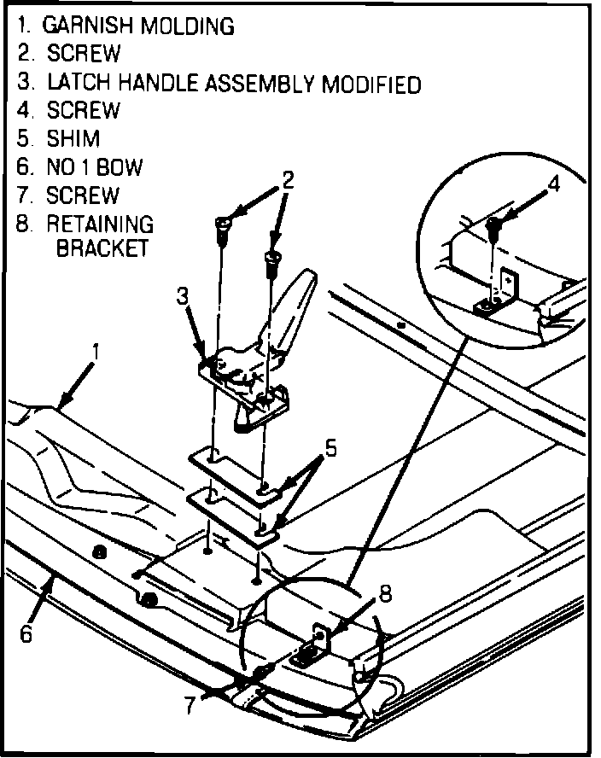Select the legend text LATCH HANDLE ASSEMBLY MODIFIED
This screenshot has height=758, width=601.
coord(234,84)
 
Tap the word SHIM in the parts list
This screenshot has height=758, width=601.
coord(73,139)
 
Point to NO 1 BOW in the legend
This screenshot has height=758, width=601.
coord(94,167)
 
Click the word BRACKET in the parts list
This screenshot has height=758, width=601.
coord(102,249)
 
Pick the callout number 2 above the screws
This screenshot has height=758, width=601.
coord(289,180)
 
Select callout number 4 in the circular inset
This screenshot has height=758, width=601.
coord(554,184)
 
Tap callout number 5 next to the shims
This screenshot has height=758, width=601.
coord(330,446)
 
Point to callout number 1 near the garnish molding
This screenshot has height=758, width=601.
coord(96,351)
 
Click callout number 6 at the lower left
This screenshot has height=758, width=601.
coord(26,635)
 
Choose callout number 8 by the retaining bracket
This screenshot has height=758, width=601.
coord(385,591)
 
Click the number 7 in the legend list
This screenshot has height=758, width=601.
coord(23,195)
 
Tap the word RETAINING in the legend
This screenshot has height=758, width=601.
coord(101,224)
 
